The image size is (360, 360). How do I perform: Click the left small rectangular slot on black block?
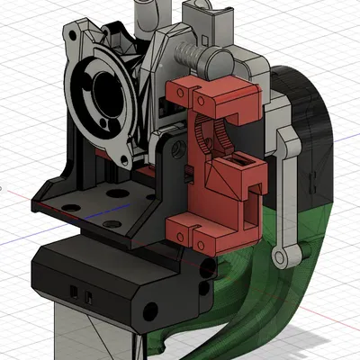point(74,291)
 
